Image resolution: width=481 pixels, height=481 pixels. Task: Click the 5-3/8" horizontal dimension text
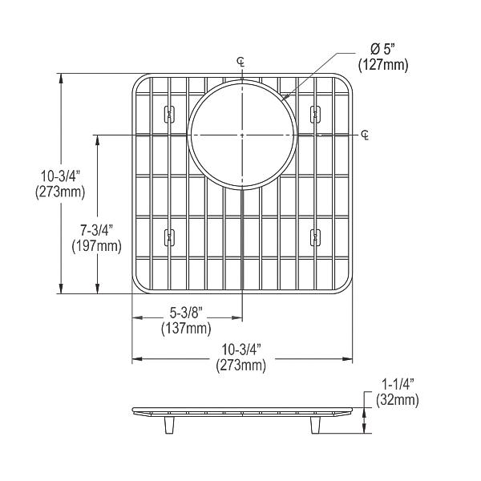pos(186,313)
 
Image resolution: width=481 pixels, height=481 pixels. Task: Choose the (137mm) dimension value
pos(186,329)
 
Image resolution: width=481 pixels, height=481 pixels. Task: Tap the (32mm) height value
pos(394,399)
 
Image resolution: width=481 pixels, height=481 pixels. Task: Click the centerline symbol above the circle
pos(241,62)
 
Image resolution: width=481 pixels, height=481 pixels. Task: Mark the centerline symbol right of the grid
pos(366,133)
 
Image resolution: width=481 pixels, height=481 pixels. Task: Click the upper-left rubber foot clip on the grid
pos(168,114)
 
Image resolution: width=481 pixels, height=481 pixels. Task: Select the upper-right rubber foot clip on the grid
pos(314,114)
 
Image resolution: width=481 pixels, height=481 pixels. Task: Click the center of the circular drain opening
pos(241,133)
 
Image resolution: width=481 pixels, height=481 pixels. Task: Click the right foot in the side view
pos(313,424)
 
